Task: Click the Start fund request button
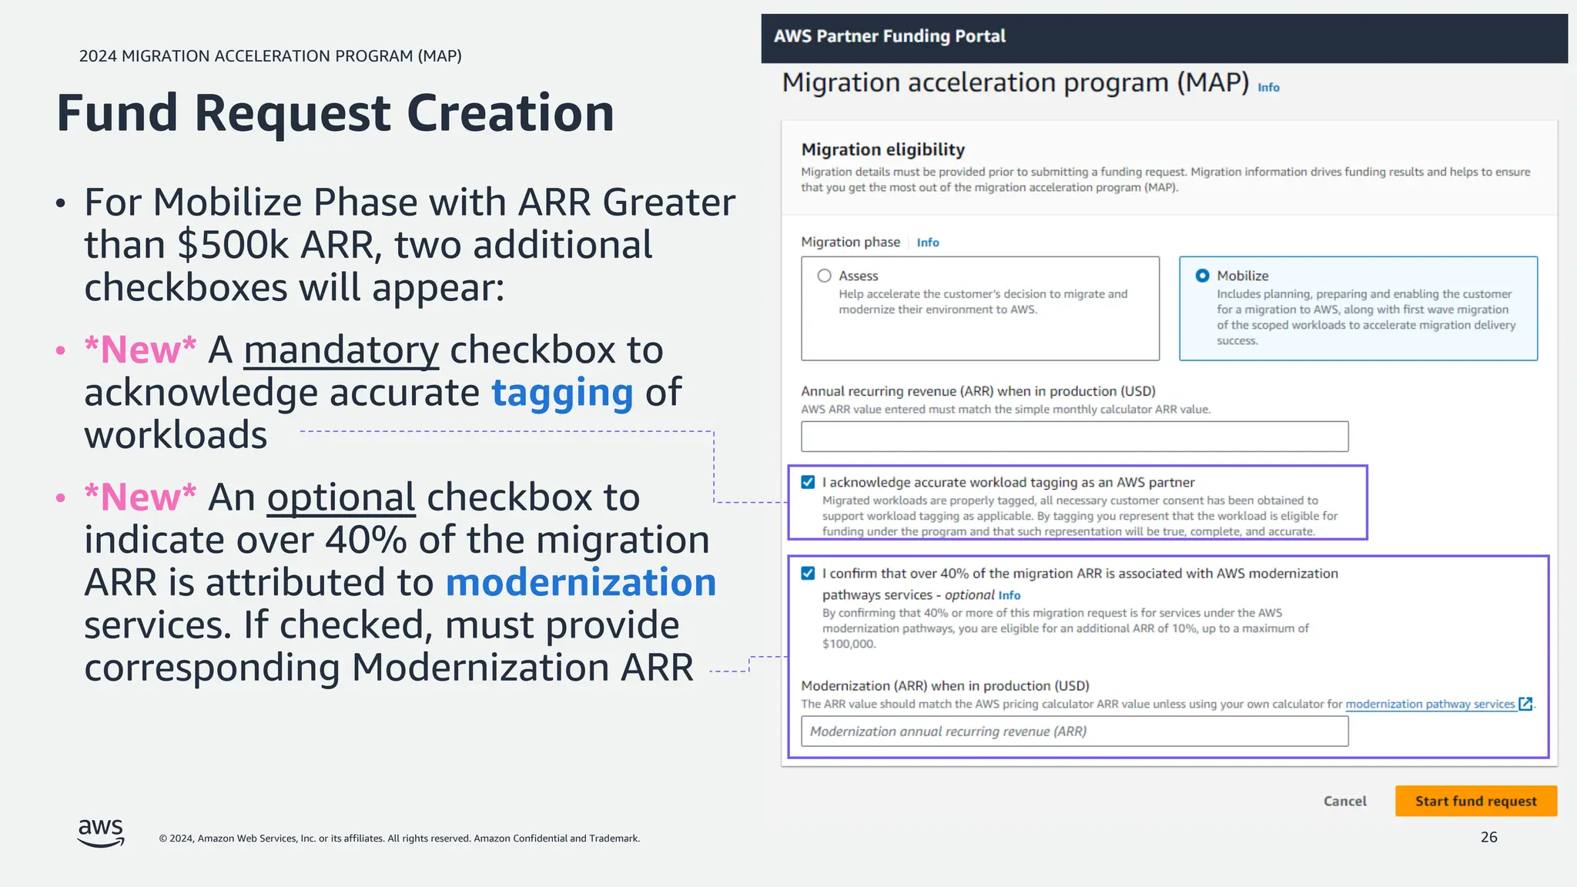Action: tap(1475, 801)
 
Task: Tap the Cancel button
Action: tap(1344, 801)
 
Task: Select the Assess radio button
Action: tap(824, 276)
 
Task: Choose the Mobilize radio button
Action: tap(1202, 276)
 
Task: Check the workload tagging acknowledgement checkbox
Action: tap(808, 482)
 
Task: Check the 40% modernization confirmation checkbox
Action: tap(808, 573)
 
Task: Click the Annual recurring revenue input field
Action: tap(1074, 437)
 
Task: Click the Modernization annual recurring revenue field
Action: tap(1074, 731)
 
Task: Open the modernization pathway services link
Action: tap(1430, 704)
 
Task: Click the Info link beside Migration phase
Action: tap(927, 243)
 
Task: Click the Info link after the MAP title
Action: tap(1268, 88)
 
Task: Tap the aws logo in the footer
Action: tap(101, 832)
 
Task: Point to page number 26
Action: tap(1488, 837)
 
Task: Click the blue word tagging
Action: tap(562, 393)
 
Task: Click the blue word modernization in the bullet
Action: tap(581, 582)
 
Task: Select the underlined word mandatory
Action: tap(341, 350)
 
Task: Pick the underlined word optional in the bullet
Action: tap(341, 497)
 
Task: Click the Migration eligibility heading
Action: tap(882, 149)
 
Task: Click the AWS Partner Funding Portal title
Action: tap(889, 36)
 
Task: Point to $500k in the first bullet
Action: tap(233, 245)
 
